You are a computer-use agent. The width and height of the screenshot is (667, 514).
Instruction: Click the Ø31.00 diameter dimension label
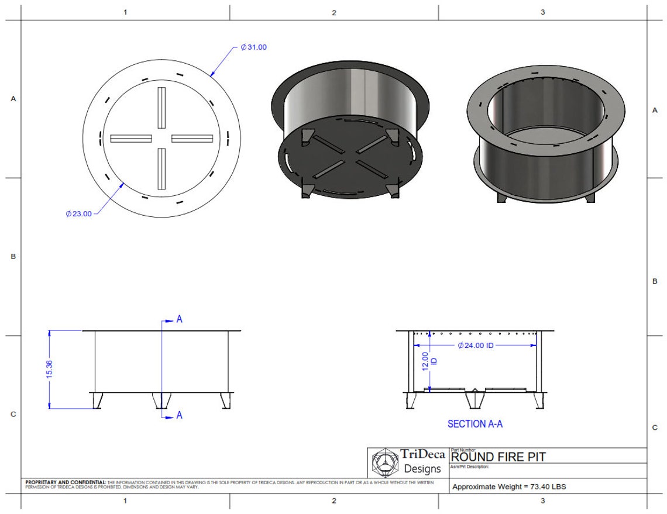tap(254, 47)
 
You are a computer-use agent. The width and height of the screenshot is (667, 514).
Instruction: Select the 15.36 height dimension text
tap(49, 368)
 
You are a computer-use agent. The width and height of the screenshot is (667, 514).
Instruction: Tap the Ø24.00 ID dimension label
tap(475, 346)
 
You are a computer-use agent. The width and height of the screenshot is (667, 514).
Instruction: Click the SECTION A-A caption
tap(475, 424)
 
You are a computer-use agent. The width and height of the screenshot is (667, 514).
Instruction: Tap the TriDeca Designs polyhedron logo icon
tap(384, 463)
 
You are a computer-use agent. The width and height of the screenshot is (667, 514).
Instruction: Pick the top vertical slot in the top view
tap(161, 108)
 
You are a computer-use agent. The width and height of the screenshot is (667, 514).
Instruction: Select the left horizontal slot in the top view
tap(130, 139)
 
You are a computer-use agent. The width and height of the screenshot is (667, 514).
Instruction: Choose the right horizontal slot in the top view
tap(192, 139)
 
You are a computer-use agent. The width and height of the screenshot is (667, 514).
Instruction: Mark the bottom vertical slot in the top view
tap(161, 169)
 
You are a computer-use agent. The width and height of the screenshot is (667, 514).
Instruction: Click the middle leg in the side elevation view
tap(161, 401)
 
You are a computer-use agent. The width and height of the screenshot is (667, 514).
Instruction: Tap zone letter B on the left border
tap(13, 257)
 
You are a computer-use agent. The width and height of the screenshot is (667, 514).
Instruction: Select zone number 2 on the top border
tap(334, 12)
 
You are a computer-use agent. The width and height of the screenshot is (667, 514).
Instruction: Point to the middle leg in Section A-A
tap(475, 400)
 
